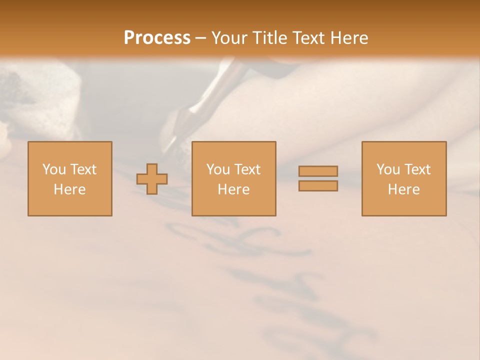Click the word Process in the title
coord(157,38)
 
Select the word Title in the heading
coord(269,38)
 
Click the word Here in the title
coord(348,38)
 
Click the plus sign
coord(152,179)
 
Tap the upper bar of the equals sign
coord(318,171)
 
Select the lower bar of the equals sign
coord(318,186)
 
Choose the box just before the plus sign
coord(70,179)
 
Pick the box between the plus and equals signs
coord(234,179)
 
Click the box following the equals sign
coord(404,179)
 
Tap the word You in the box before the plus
coord(53,169)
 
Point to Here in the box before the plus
coord(70,189)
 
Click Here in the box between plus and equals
coord(234,189)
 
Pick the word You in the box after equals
coord(387,169)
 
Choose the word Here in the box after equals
coord(404,189)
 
